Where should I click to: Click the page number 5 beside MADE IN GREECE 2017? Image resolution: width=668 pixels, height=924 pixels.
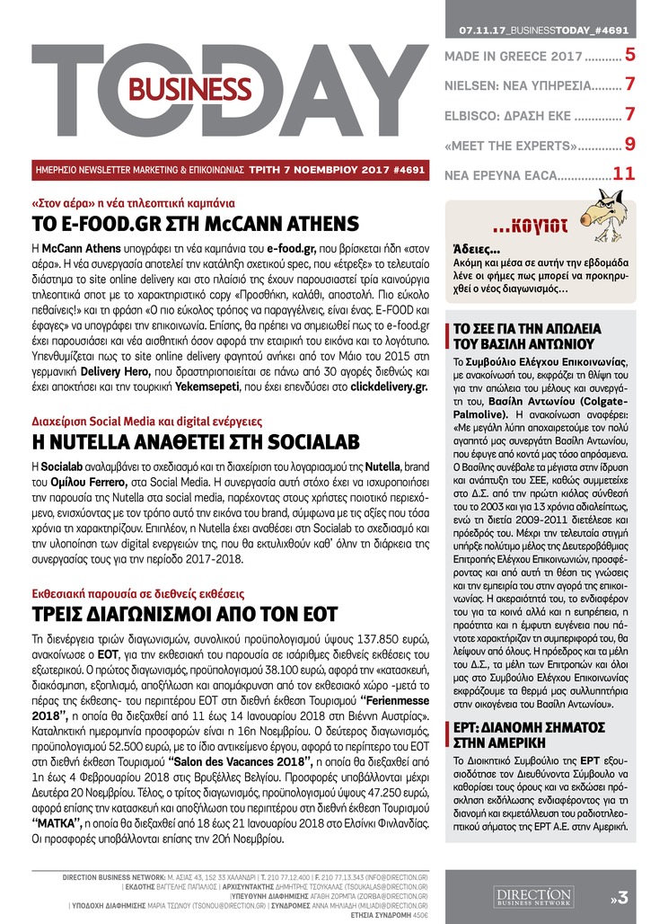[x=630, y=56]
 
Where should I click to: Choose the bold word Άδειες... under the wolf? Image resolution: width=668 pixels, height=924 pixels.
[x=472, y=252]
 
